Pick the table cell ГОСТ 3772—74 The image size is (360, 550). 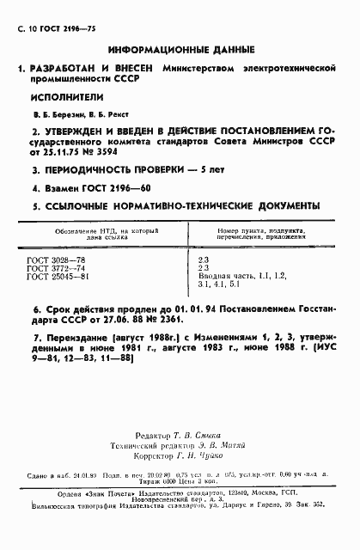[57, 267]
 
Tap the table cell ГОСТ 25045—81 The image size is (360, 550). [58, 277]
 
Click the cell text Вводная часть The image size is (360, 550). [224, 277]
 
